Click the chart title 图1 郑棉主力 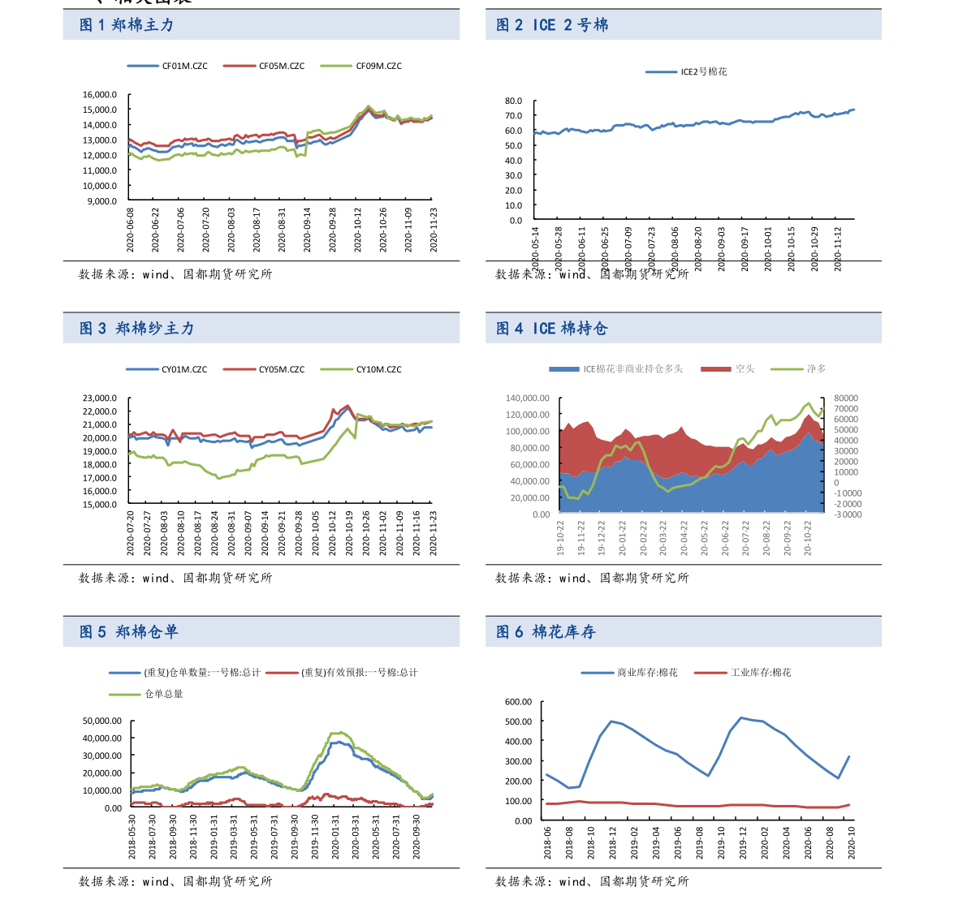click(127, 25)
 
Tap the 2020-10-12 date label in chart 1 click(358, 230)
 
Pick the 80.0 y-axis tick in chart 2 click(513, 101)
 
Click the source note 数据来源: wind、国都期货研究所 click(592, 274)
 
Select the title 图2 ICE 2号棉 click(552, 25)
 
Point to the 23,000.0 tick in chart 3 click(100, 398)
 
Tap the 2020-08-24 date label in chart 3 click(215, 532)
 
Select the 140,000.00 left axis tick click(528, 398)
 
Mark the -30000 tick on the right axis click(848, 514)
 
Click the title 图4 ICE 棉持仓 click(552, 329)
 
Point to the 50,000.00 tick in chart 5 click(102, 720)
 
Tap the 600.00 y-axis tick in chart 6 click(517, 701)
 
